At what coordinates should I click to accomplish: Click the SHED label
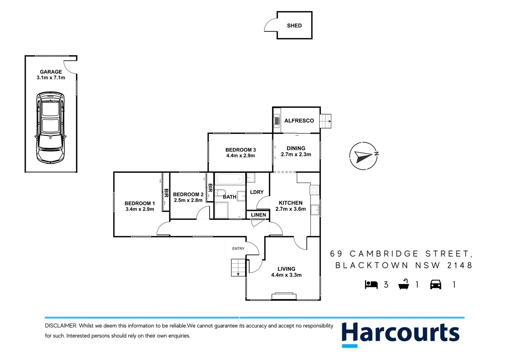[x=294, y=26]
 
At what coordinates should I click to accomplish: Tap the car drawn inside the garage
[x=50, y=127]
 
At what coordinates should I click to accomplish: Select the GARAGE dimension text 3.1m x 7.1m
[x=51, y=78]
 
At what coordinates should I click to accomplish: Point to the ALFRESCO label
[x=299, y=121]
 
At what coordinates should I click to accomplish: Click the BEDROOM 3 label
[x=241, y=150]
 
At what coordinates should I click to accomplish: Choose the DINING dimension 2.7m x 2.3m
[x=296, y=154]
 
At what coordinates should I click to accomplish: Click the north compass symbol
[x=364, y=156]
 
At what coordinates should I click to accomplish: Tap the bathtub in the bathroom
[x=230, y=180]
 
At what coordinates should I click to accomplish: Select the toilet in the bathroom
[x=220, y=193]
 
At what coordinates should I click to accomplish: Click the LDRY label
[x=257, y=192]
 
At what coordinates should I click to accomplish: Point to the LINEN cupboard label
[x=258, y=215]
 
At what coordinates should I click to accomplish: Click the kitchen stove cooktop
[x=314, y=190]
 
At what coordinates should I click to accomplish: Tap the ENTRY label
[x=238, y=249]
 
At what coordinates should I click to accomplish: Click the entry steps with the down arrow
[x=238, y=268]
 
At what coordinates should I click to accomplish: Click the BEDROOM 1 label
[x=140, y=203]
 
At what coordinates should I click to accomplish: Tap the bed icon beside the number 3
[x=371, y=285]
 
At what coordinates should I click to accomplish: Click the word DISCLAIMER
[x=61, y=326]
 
